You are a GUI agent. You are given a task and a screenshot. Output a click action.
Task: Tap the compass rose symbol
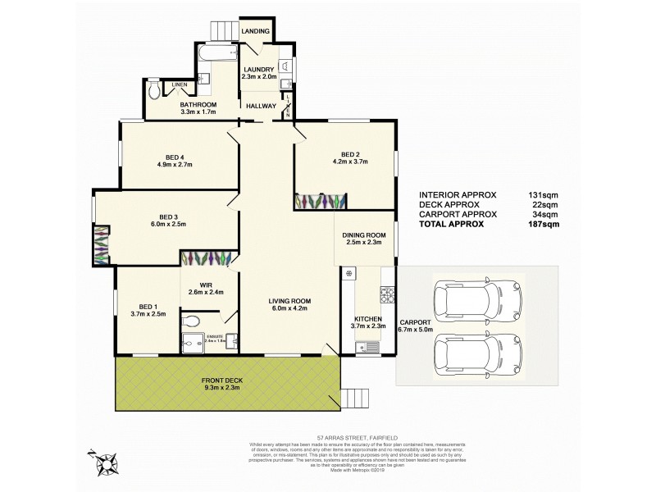click(x=105, y=464)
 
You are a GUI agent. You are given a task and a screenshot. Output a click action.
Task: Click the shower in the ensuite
click(x=189, y=344)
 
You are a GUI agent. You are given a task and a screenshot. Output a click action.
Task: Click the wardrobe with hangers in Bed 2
click(x=321, y=200)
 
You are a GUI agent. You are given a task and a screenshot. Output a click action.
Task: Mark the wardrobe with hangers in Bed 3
click(x=101, y=245)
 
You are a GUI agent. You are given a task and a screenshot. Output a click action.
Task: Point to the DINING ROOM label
click(x=365, y=235)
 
